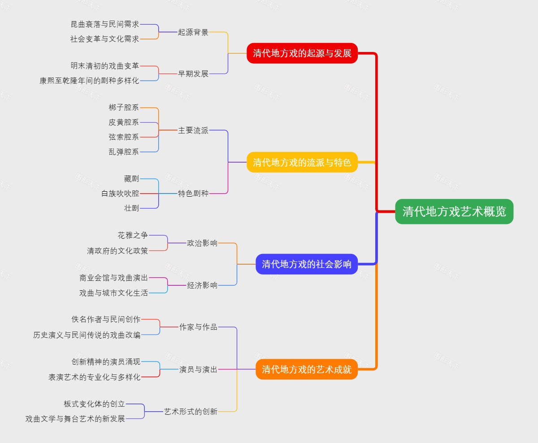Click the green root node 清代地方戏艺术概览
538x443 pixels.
(x=454, y=211)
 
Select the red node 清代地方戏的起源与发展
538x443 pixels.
(x=302, y=53)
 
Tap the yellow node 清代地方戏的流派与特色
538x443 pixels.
(x=302, y=162)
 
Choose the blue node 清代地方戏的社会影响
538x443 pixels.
(x=307, y=264)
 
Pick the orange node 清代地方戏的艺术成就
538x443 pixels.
(x=307, y=370)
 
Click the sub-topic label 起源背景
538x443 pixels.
(x=193, y=32)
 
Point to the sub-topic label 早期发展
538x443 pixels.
(x=193, y=74)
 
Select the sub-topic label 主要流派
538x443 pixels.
(x=193, y=130)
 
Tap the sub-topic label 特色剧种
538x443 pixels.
(x=193, y=194)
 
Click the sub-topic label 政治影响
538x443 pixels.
(x=202, y=243)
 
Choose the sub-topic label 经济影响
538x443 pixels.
(x=202, y=285)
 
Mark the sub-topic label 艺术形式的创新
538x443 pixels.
(x=191, y=411)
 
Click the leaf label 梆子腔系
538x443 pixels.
(x=124, y=108)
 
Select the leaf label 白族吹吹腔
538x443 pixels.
(x=120, y=194)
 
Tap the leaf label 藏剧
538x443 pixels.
(x=131, y=179)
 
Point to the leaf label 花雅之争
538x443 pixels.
(x=133, y=235)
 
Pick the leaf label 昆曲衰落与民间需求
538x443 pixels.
(x=105, y=25)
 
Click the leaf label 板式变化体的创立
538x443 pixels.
(x=94, y=404)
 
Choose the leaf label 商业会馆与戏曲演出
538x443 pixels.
(x=113, y=278)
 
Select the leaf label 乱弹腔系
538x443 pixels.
(x=124, y=152)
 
